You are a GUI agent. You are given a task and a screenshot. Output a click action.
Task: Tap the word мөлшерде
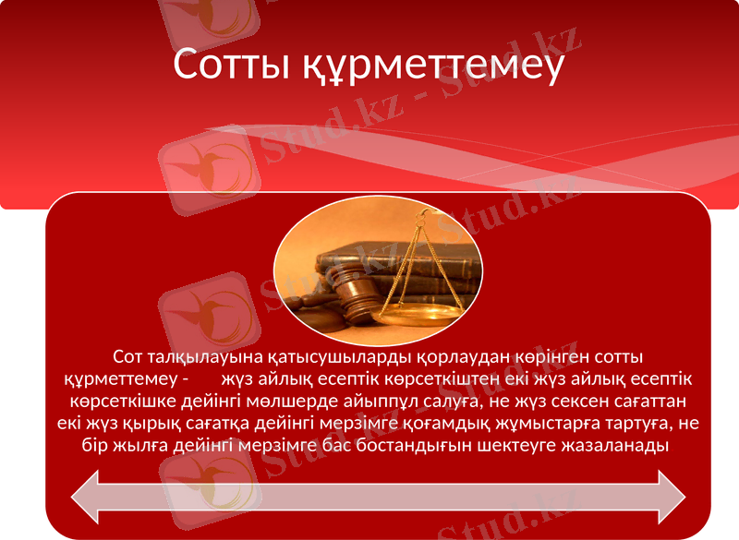pos(262,402)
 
